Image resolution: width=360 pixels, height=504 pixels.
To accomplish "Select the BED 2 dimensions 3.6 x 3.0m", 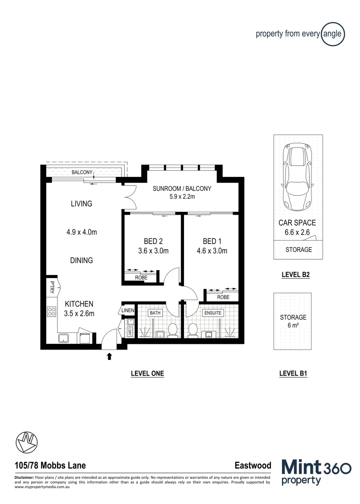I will pos(154,251).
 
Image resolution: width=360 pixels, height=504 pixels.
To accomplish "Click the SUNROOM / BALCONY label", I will pos(182,189).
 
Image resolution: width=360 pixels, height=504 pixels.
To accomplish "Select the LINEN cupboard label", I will pos(127,310).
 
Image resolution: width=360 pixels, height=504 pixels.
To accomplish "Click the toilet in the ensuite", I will pos(192,330).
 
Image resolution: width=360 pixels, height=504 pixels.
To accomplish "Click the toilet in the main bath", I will pos(173,329).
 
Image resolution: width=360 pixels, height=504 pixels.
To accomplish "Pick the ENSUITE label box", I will pos(212,312).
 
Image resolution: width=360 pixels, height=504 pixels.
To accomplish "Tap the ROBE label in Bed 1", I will pos(223,297).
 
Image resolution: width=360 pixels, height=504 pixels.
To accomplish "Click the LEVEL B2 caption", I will pos(296,275).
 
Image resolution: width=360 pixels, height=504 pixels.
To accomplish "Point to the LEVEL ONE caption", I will pos(147,373).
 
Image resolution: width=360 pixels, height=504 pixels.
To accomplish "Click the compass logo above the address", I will pos(26,442).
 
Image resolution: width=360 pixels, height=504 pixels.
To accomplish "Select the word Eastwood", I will pos(253,466).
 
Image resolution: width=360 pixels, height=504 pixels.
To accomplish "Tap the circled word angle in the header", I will pos(333,34).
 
